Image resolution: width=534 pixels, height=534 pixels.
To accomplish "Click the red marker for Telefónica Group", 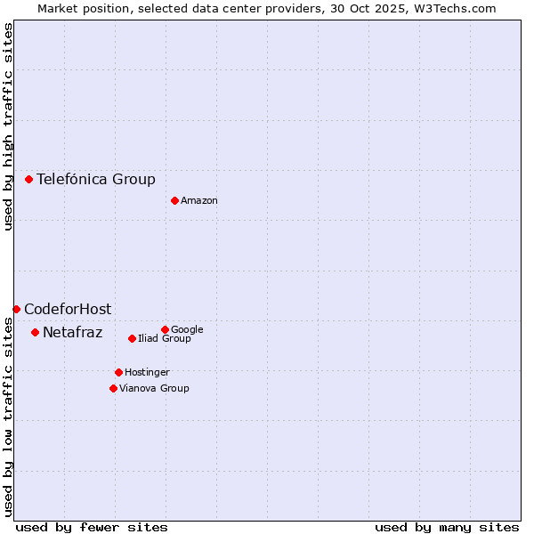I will [28, 179].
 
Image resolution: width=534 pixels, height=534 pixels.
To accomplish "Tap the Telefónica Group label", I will [96, 180].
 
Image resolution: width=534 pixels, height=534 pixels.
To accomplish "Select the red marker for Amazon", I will [174, 200].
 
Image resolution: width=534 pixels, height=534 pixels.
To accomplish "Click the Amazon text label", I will [199, 201].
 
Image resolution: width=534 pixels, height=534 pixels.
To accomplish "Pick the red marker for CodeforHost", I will [16, 309].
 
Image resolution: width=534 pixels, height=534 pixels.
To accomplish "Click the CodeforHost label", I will [68, 310].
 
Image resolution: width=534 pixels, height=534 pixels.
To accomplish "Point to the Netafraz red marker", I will [35, 332].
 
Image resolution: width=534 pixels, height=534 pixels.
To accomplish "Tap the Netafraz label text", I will [73, 333].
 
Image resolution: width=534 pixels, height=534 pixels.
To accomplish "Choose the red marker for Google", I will [165, 329].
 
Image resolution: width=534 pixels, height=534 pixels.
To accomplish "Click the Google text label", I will [187, 330].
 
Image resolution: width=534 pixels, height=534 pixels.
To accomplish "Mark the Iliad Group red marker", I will [132, 338].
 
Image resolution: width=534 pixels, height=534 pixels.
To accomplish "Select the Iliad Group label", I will [165, 339].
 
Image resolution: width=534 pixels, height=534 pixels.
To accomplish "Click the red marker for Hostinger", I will [118, 372].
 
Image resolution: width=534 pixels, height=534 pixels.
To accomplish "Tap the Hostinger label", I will [147, 373].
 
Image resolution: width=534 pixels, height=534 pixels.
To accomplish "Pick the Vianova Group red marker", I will [113, 388].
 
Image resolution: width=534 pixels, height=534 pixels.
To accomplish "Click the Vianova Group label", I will [154, 389].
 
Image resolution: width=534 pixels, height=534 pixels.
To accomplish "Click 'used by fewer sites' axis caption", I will [92, 527].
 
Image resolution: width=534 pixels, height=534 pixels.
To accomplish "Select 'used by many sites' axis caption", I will [447, 527].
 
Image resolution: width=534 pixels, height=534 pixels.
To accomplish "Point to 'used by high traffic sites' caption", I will [8, 126].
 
